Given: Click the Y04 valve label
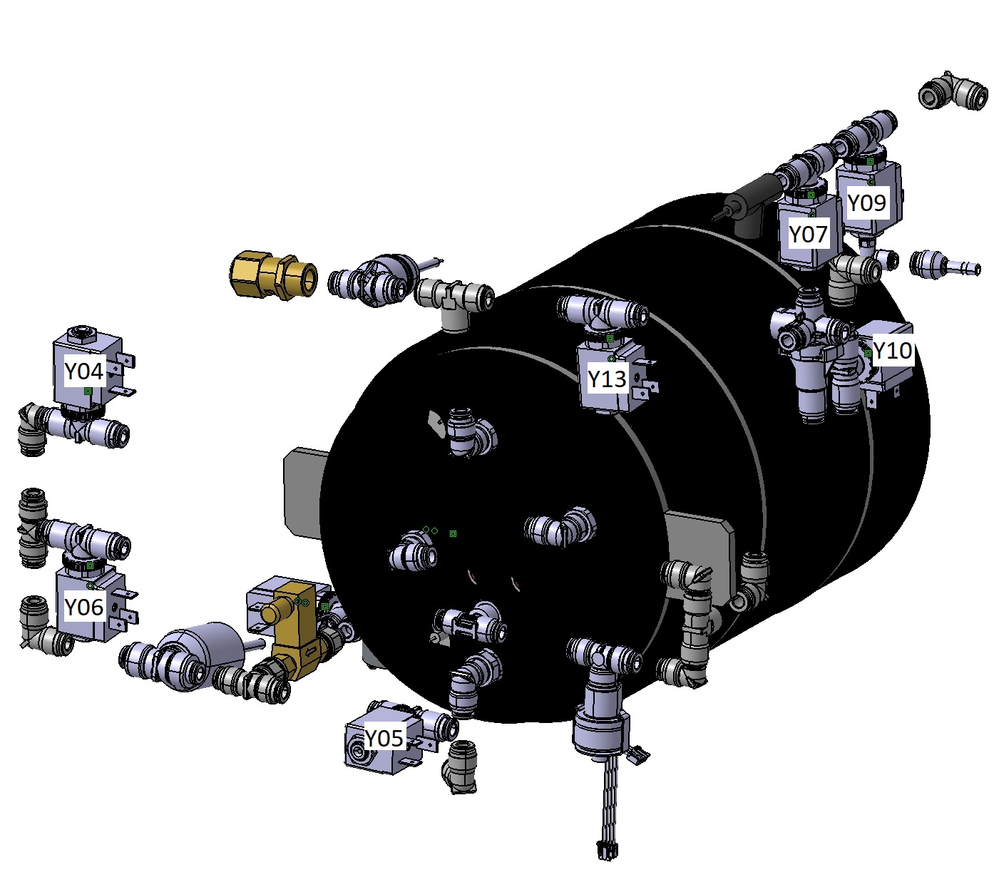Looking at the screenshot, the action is tap(84, 371).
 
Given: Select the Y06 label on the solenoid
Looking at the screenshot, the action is tap(84, 607).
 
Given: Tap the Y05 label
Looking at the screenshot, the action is tap(384, 738).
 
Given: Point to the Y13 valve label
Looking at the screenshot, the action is tap(607, 379).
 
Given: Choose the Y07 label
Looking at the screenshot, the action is tap(808, 234).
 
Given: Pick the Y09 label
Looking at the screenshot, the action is tap(866, 202).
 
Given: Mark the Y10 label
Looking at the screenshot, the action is tap(893, 351).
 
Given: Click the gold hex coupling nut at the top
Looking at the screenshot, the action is tap(272, 275).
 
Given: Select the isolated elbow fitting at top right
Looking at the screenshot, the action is tap(953, 91).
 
